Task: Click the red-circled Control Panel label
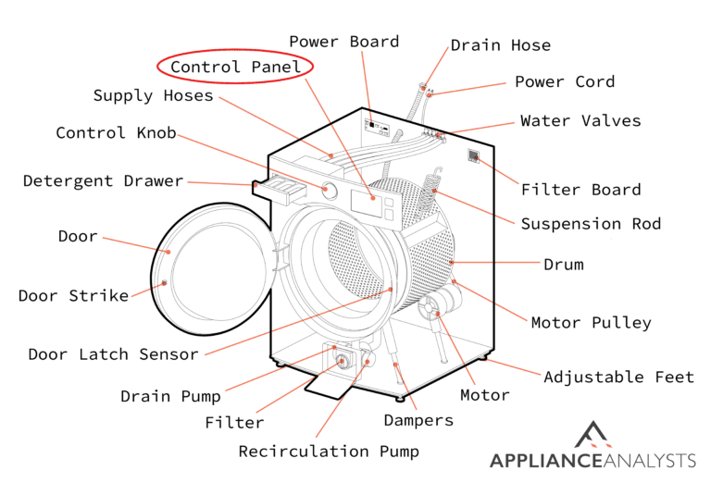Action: coord(234,67)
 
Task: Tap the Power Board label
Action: coord(343,42)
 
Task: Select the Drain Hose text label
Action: coord(500,45)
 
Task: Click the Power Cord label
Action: coord(565,81)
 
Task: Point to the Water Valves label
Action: coord(580,120)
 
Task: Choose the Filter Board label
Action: coord(580,190)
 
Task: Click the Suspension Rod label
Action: coord(591,224)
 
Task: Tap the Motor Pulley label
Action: coord(591,323)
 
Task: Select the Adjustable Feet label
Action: coord(618,377)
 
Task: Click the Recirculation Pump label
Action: coord(329,452)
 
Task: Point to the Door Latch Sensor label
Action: coord(113,354)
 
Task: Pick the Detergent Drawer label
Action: coord(103,180)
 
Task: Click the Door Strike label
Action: coord(73,296)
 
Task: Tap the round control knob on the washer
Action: coord(330,189)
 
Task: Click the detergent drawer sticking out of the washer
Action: coord(278,189)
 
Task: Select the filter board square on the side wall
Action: coord(473,157)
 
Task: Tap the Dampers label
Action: coord(418,420)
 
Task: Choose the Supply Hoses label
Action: coord(153,95)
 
